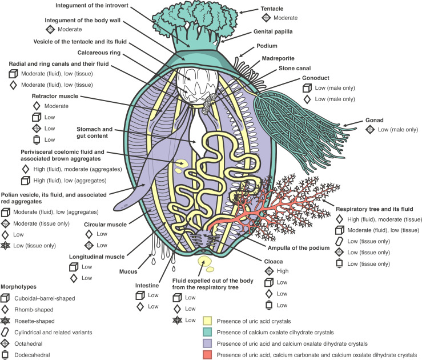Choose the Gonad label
pos(376,120)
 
